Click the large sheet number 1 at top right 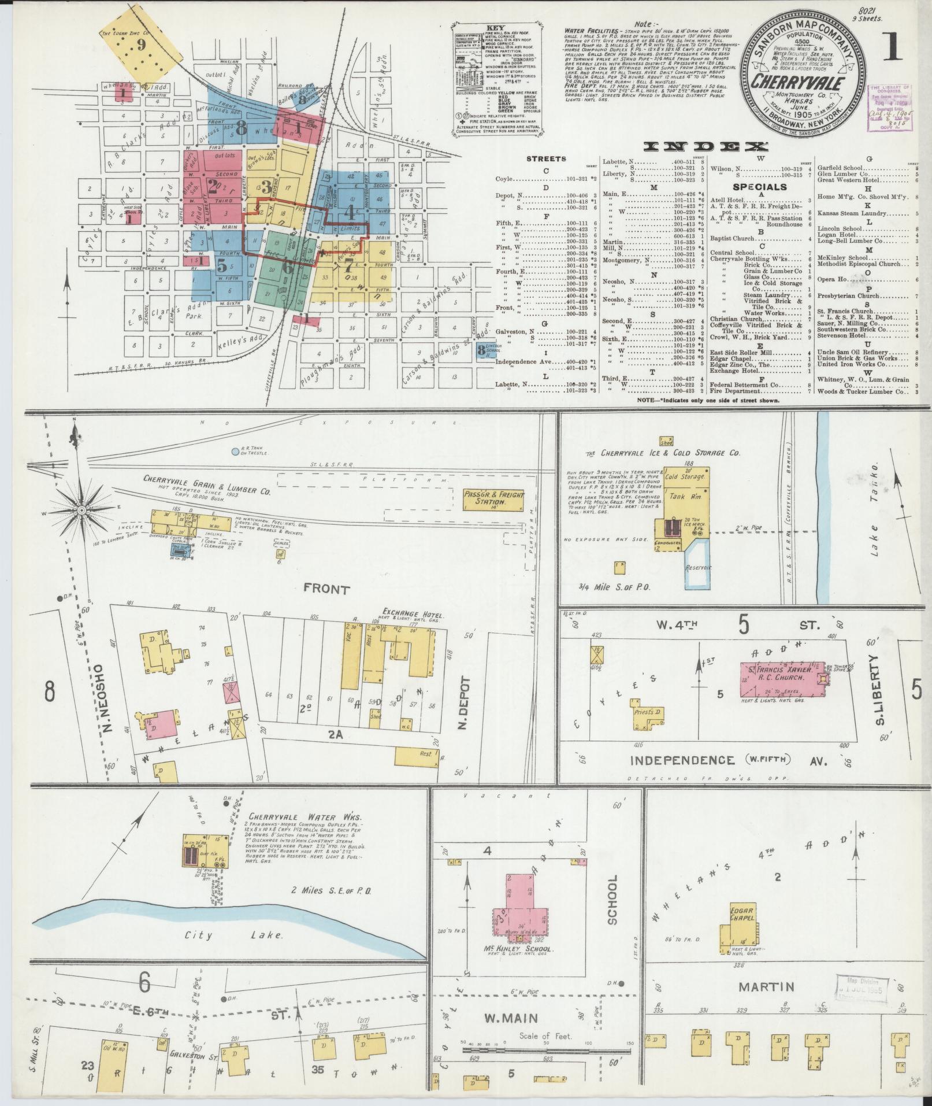click(x=893, y=47)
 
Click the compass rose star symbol click(x=82, y=511)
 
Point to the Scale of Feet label click(x=545, y=1036)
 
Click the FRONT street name click(x=326, y=590)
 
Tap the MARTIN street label click(x=766, y=986)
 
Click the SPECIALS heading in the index click(x=759, y=187)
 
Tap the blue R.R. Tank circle click(x=235, y=451)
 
